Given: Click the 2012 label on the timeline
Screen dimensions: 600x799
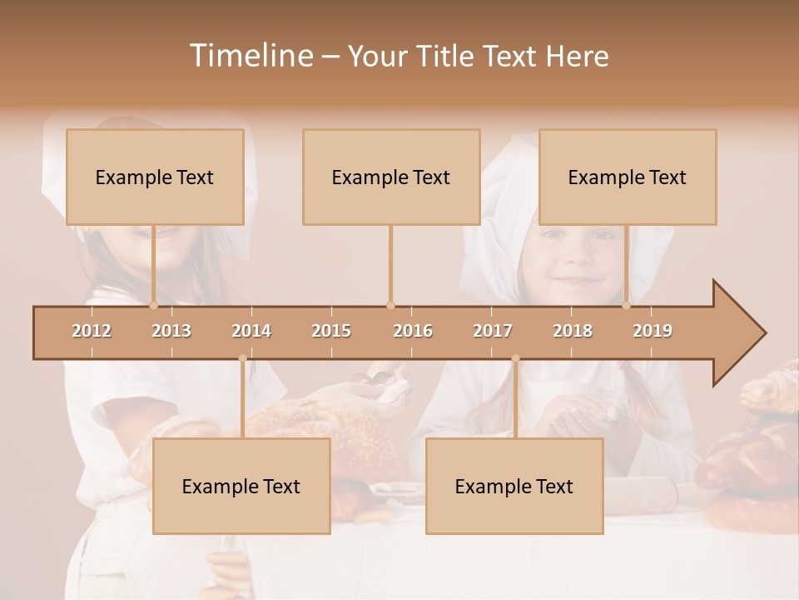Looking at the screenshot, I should [92, 331].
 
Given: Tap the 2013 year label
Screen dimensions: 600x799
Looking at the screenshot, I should [171, 331].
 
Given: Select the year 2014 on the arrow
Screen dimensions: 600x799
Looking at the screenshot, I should [251, 331].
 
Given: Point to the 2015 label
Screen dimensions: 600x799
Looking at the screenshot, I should [331, 331].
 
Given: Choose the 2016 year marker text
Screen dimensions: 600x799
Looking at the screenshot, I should [413, 331].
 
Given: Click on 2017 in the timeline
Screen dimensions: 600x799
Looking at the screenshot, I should [493, 331].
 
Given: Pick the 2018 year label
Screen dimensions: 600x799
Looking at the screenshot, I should [573, 331].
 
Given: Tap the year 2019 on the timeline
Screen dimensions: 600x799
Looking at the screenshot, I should [653, 331].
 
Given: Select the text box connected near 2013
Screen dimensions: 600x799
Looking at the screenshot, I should [155, 177].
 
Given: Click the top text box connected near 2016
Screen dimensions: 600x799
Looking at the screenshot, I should [391, 177].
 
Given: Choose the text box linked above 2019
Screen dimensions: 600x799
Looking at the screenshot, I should [628, 177].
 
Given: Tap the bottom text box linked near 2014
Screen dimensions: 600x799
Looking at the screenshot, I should [241, 486].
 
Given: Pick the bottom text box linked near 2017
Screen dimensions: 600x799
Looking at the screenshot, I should [514, 486].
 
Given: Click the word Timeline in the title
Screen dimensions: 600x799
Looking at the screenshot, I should [250, 56].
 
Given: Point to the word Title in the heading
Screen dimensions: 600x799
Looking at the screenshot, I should [448, 56].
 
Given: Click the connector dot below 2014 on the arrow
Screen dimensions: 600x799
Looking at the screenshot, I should [242, 358].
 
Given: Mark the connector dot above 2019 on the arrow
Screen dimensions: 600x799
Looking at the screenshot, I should [627, 305].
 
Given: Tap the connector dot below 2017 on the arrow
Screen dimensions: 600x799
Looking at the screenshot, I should [515, 358].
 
